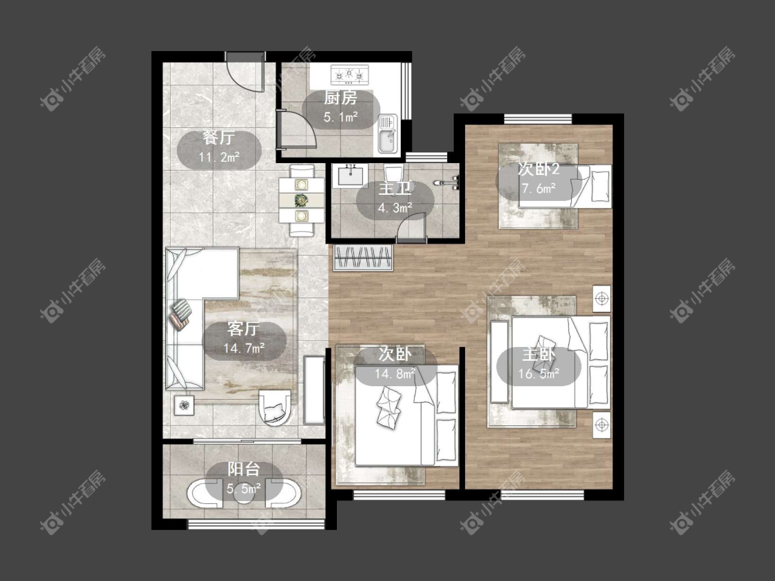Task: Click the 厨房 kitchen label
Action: (x=340, y=98)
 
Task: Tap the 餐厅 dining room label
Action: (x=218, y=138)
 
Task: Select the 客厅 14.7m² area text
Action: (x=244, y=348)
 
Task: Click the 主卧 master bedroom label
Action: (x=539, y=355)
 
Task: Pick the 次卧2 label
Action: (x=538, y=169)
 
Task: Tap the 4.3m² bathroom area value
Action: (x=395, y=208)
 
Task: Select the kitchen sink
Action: (x=387, y=134)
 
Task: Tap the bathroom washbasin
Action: (x=351, y=176)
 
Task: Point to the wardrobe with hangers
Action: (x=363, y=257)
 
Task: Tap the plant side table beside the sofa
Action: (x=185, y=405)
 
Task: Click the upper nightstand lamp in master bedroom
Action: (x=601, y=298)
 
